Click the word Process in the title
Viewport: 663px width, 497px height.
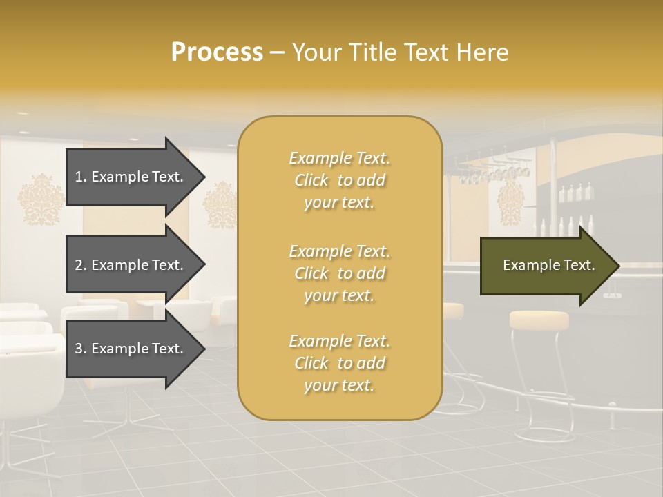pyautogui.click(x=217, y=52)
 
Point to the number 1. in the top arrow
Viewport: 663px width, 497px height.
pyautogui.click(x=81, y=177)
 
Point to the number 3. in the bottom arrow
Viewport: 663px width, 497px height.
pyautogui.click(x=81, y=349)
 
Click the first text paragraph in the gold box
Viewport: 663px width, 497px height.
pyautogui.click(x=339, y=180)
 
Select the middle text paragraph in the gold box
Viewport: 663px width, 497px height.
pyautogui.click(x=339, y=273)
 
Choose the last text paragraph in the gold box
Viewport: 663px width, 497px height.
pyautogui.click(x=339, y=363)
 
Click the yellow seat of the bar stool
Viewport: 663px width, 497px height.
pyautogui.click(x=539, y=320)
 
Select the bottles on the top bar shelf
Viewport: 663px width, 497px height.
pyautogui.click(x=575, y=193)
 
